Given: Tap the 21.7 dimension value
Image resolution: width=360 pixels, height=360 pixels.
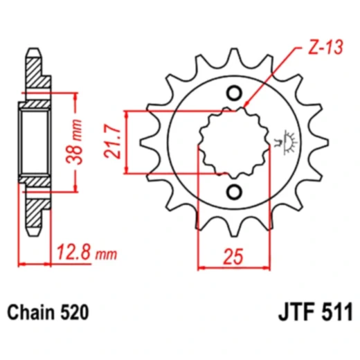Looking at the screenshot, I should [112, 142].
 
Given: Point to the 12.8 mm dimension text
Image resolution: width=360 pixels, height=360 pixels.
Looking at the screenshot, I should [84, 255].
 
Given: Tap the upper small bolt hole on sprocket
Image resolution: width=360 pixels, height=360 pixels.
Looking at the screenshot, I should [233, 93].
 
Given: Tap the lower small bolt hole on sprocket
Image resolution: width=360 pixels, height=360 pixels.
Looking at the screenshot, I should [233, 191].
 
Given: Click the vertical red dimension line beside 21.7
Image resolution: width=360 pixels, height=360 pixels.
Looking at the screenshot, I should [129, 142].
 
